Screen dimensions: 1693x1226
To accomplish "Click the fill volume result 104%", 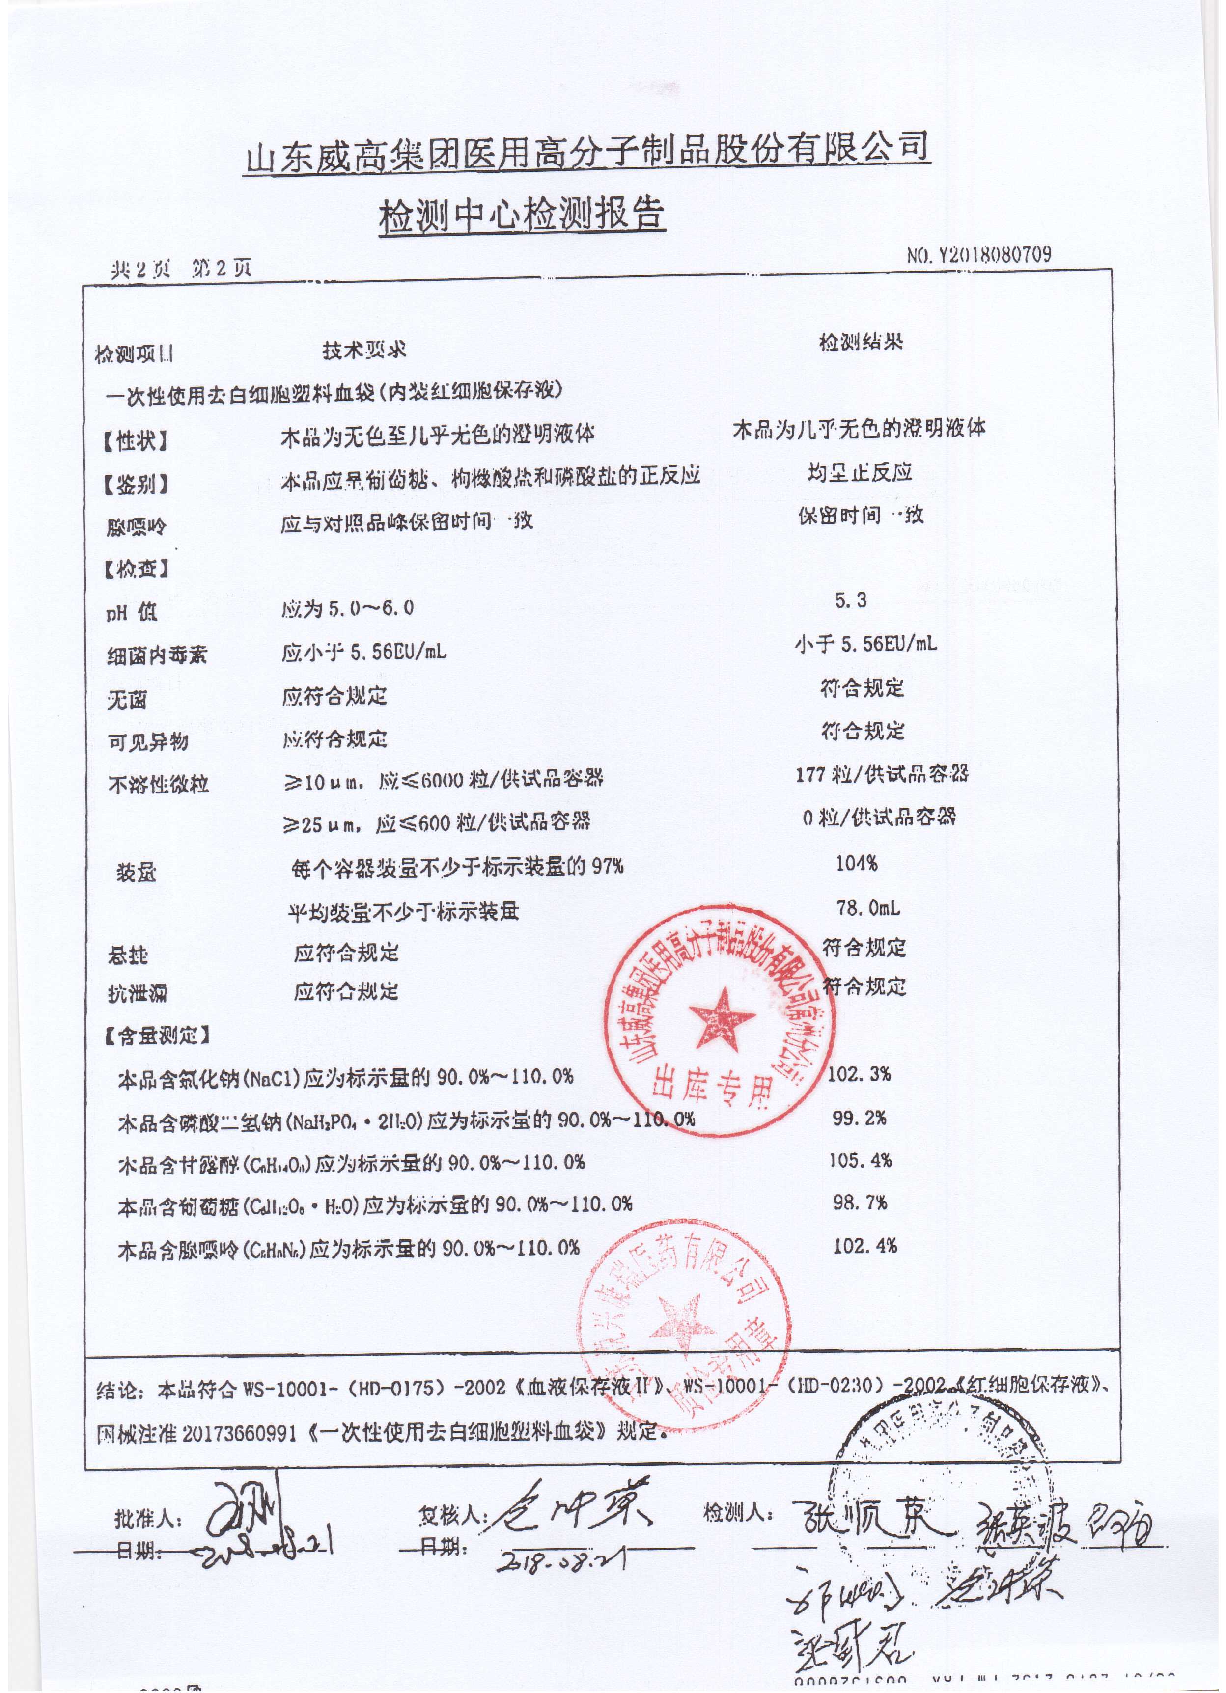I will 857,864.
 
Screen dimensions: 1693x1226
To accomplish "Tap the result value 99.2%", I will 860,1118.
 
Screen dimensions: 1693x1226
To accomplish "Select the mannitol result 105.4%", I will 860,1160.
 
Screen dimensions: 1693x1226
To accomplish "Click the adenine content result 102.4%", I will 864,1246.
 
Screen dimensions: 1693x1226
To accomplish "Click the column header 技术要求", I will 364,351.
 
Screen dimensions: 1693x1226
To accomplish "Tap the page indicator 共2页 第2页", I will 181,270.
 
